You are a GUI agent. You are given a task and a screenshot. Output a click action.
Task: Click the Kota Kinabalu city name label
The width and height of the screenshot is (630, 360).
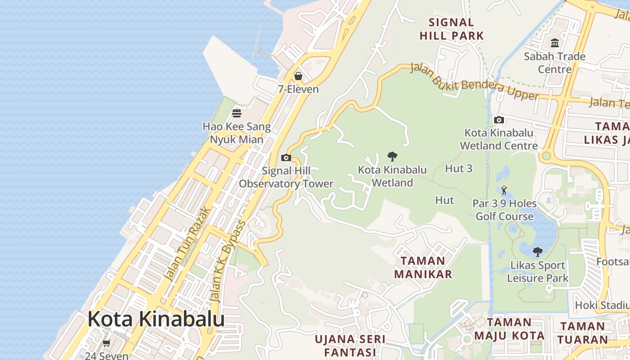click(156, 319)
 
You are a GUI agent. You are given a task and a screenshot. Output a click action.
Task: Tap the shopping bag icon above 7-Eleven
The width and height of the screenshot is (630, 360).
click(298, 76)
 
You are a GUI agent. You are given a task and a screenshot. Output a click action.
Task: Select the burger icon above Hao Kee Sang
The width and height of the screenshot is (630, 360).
click(237, 112)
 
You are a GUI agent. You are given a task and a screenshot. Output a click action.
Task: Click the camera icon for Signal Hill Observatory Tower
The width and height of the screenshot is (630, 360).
click(286, 157)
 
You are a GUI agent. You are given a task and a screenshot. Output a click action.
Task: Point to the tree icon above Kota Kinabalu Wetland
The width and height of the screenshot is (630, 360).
click(392, 157)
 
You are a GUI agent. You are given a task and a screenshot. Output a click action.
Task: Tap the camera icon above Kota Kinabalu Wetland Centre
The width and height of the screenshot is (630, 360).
click(499, 120)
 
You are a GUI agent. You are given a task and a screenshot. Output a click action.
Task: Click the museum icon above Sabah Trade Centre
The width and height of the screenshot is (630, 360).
click(555, 43)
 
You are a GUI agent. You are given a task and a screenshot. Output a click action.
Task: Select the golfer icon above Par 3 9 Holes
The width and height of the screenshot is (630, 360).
click(504, 190)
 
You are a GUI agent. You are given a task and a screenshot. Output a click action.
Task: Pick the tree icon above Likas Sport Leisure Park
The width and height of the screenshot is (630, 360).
click(537, 252)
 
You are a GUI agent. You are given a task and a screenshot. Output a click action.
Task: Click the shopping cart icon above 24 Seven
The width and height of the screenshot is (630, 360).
click(107, 343)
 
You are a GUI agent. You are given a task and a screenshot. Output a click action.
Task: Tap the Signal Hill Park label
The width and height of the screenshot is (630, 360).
click(451, 29)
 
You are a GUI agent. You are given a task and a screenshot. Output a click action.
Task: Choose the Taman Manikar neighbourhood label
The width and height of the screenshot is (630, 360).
click(423, 267)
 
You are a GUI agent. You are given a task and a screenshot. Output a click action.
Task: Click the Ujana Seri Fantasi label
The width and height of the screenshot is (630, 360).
click(350, 345)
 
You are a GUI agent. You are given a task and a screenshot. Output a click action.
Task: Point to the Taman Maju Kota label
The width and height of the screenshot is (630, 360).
click(509, 329)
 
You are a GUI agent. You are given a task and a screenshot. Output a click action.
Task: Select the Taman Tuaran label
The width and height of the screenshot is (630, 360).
click(583, 333)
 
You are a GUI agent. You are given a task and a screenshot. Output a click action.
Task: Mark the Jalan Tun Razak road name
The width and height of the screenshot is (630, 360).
click(188, 244)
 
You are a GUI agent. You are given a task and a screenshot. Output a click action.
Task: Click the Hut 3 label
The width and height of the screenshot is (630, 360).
click(459, 169)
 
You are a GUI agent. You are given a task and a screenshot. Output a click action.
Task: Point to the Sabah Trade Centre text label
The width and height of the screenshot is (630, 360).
click(555, 63)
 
